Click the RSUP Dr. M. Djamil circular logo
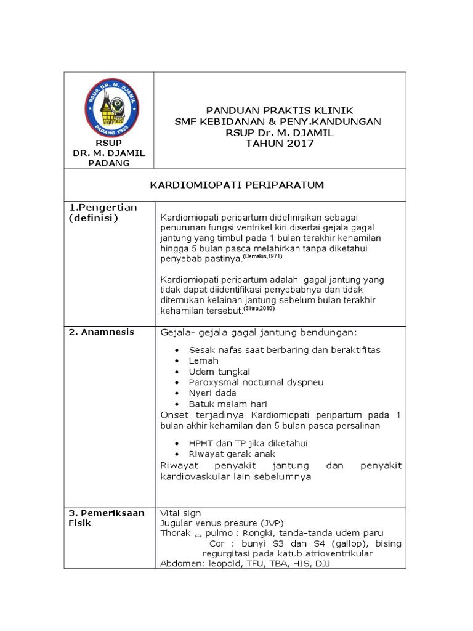[x=108, y=106]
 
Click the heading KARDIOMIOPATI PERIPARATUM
[x=238, y=185]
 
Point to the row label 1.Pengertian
[x=102, y=207]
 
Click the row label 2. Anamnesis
[x=101, y=332]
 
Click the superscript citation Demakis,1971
[x=265, y=256]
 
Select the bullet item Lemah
[x=204, y=360]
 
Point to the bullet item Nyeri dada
[x=212, y=393]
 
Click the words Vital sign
[x=180, y=513]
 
